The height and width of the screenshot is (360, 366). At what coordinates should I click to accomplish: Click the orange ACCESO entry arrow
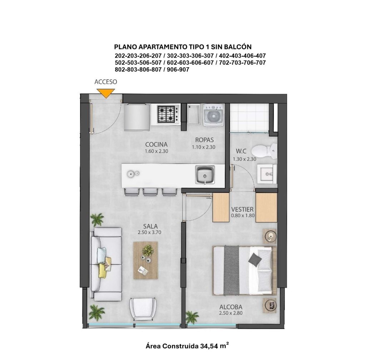pyautogui.click(x=106, y=93)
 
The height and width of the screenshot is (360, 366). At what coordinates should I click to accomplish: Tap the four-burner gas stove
pyautogui.click(x=166, y=114)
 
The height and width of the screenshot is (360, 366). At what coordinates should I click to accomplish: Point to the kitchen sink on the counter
pyautogui.click(x=205, y=175)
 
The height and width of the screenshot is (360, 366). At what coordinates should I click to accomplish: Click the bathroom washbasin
pyautogui.click(x=267, y=173)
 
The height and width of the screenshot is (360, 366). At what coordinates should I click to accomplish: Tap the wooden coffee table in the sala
pyautogui.click(x=145, y=261)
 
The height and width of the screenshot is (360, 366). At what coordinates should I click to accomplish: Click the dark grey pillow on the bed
pyautogui.click(x=254, y=259)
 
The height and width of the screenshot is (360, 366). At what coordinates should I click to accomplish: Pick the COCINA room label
pyautogui.click(x=157, y=145)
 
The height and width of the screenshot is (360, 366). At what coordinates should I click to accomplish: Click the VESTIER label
pyautogui.click(x=242, y=209)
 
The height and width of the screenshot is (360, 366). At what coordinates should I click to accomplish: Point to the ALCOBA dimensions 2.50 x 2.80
pyautogui.click(x=231, y=313)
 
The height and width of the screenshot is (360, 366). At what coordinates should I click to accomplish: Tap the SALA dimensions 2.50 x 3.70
pyautogui.click(x=149, y=232)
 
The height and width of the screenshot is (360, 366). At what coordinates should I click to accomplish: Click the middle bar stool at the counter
pyautogui.click(x=150, y=192)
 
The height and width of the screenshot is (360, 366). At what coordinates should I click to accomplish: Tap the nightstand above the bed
pyautogui.click(x=270, y=236)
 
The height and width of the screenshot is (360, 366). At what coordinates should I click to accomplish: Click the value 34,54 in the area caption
pyautogui.click(x=209, y=346)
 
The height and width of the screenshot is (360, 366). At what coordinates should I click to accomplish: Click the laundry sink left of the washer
pyautogui.click(x=193, y=114)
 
